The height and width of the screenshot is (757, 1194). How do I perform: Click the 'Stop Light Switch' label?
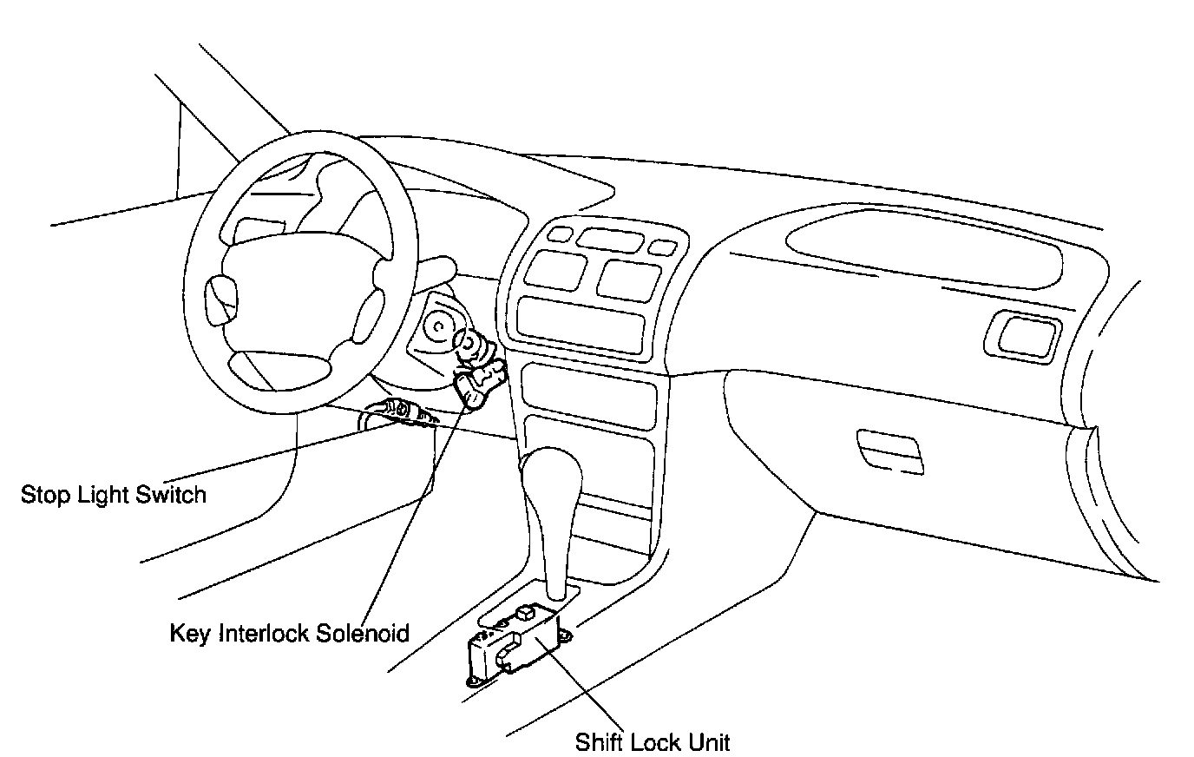114,495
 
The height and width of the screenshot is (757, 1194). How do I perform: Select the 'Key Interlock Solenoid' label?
289,632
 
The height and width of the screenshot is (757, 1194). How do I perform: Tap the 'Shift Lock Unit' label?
653,742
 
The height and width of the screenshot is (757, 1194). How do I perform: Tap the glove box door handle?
889,449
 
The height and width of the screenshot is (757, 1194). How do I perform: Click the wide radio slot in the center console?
581,319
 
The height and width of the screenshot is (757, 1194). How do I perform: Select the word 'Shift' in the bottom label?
599,742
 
